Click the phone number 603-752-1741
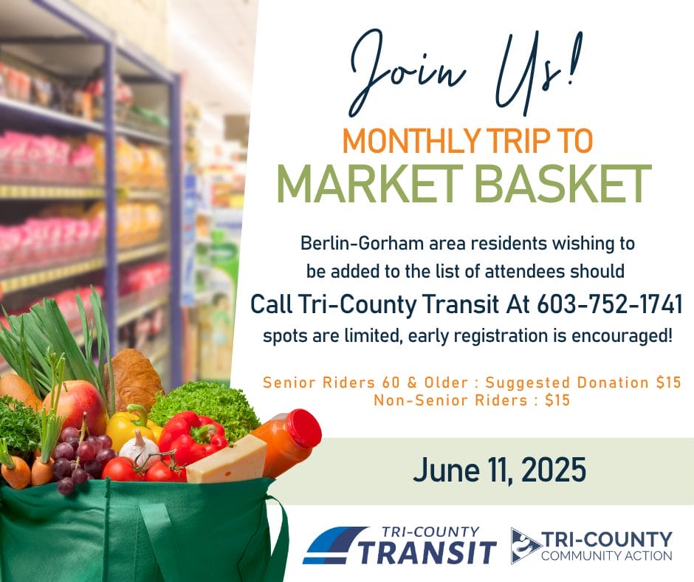click(609, 304)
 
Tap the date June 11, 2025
click(499, 470)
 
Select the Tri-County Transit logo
click(399, 545)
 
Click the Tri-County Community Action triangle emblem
click(524, 545)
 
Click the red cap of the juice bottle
click(305, 428)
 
